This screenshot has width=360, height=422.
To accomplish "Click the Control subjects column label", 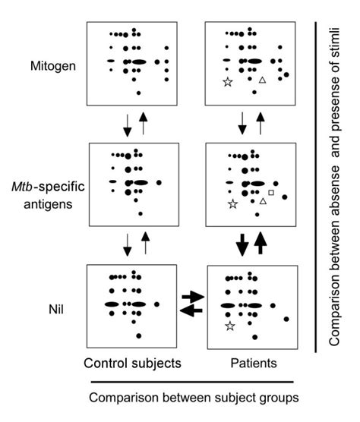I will click(134, 364).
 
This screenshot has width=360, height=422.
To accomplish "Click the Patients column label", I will click(252, 364).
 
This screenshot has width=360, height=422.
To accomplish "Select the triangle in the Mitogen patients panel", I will click(262, 80).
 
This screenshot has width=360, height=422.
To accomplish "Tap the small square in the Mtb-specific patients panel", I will click(271, 193).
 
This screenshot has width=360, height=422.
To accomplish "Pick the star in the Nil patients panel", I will click(229, 326).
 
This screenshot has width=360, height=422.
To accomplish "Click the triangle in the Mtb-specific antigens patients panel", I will click(263, 201).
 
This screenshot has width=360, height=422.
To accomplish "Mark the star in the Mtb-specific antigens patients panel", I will click(232, 204).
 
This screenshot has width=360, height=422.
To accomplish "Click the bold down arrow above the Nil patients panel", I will click(242, 244).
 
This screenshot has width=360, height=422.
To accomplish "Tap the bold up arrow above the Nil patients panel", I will click(262, 243).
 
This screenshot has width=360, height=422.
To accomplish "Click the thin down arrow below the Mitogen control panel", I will click(127, 124).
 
